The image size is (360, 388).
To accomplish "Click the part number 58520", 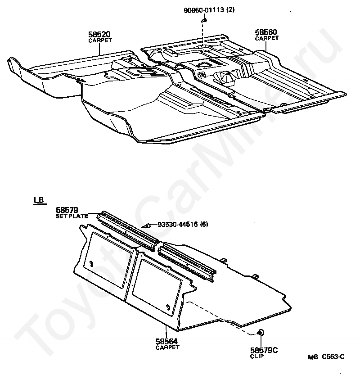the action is [100, 34].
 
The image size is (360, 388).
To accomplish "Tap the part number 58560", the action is [266, 32].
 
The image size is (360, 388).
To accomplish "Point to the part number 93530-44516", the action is [176, 225].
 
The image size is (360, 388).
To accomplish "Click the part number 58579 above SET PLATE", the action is [67, 210].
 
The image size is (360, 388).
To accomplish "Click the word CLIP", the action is [257, 356].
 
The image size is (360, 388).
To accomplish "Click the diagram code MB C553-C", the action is [326, 357].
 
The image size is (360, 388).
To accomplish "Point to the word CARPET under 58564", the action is [167, 347].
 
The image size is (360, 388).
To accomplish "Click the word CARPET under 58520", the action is [100, 40].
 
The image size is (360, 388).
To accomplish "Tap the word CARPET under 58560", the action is [266, 39].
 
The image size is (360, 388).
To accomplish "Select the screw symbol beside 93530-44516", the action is [146, 226].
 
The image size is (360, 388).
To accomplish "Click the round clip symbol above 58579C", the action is [260, 333].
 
